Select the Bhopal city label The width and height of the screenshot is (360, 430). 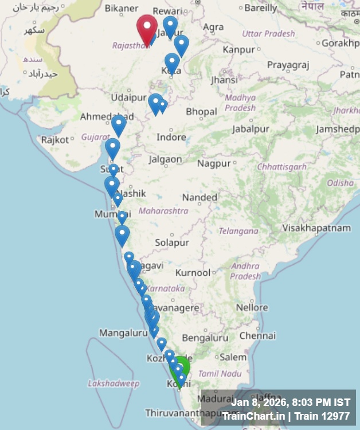pos(201,111)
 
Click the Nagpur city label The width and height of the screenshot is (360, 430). pos(214,163)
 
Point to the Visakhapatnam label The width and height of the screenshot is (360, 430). pos(316,228)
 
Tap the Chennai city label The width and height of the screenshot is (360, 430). pos(258,335)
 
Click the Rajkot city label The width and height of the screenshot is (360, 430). pos(55,139)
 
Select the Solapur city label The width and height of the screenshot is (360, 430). pos(172,243)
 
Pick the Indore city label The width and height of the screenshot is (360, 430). pos(171,137)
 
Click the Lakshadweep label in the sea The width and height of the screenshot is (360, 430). pos(114,383)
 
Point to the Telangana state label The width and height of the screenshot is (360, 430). pos(238,231)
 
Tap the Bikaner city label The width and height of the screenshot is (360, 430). pos(122,8)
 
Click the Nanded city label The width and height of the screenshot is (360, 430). pos(200,197)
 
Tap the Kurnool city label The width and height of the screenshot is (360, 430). pos(193,272)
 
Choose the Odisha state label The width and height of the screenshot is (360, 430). pos(341,183)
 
